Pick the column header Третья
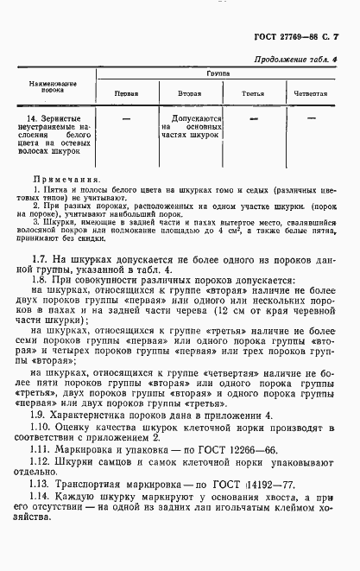coord(252,92)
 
